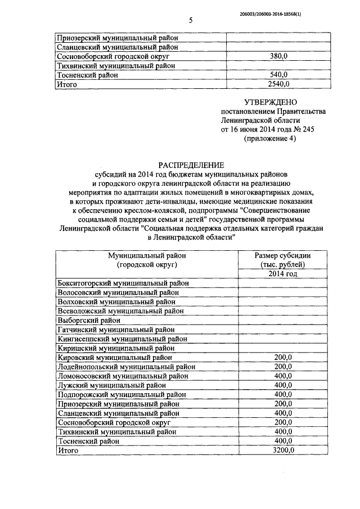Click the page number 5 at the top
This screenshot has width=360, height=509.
tap(191, 21)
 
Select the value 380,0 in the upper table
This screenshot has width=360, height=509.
tap(279, 57)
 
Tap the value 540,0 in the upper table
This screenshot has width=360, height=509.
tap(279, 75)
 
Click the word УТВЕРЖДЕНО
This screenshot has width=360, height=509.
tap(269, 102)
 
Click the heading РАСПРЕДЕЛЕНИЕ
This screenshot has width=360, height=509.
tap(191, 165)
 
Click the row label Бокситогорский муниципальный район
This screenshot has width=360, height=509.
tap(124, 283)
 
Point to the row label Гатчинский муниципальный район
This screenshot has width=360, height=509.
tap(116, 330)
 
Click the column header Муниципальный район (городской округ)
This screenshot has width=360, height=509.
tap(147, 260)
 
